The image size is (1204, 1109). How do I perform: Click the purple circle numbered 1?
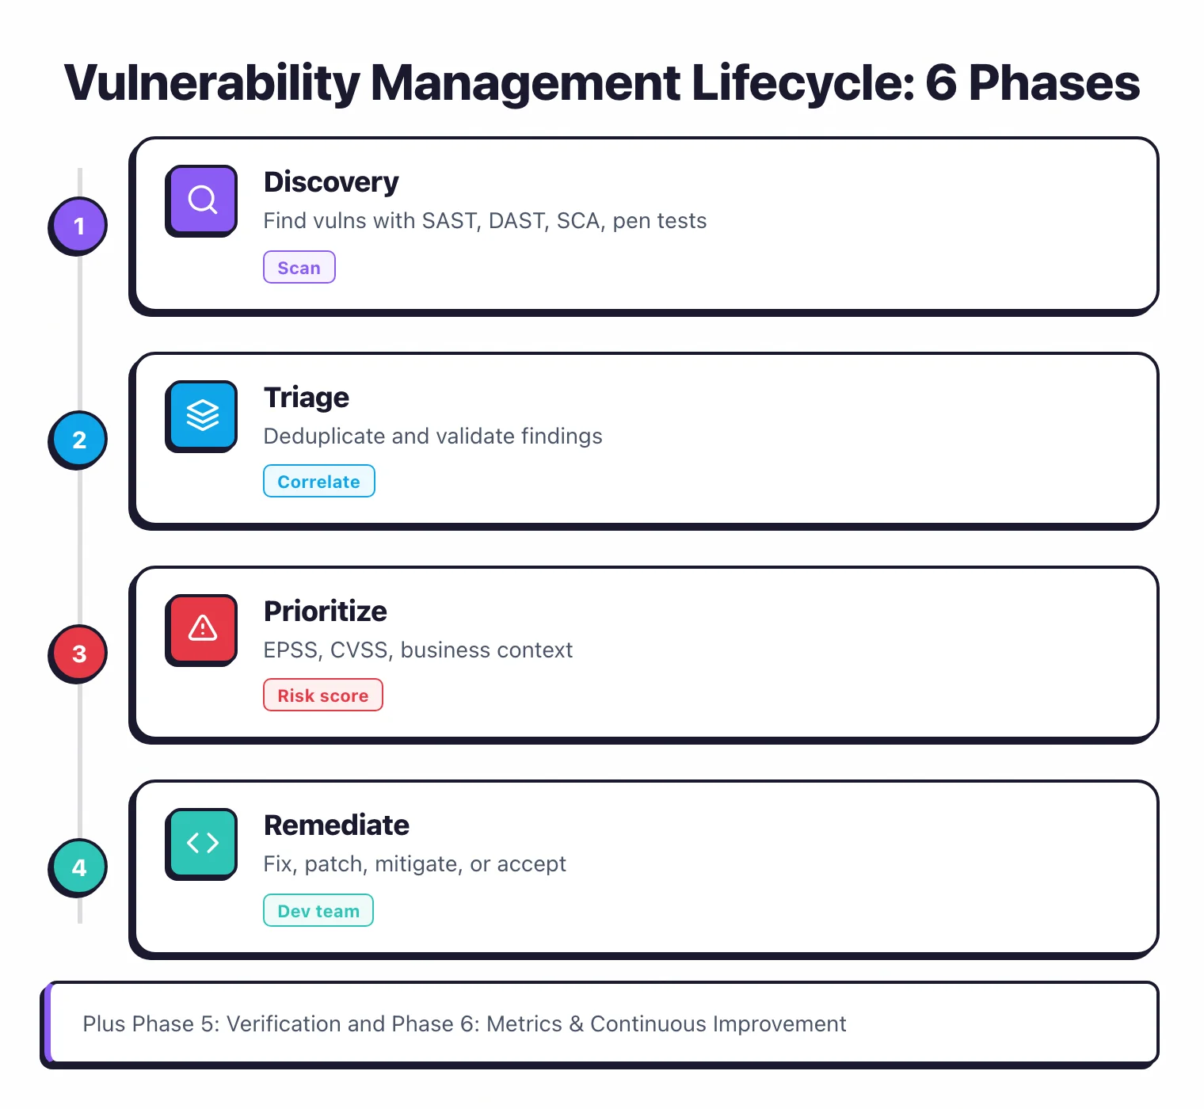pos(78,226)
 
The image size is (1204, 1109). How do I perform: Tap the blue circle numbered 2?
pos(78,440)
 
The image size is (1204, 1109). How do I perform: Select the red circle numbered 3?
pos(78,654)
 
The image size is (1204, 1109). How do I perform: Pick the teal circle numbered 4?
pos(78,867)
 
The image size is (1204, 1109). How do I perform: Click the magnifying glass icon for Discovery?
pos(202,200)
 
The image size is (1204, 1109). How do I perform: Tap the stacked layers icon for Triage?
pos(202,415)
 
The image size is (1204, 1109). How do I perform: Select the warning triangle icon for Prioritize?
pos(202,629)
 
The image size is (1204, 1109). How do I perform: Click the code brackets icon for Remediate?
pos(202,843)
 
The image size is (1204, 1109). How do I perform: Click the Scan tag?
pos(299,268)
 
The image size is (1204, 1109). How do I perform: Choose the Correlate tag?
pos(318,482)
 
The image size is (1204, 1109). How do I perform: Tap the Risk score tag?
pos(322,696)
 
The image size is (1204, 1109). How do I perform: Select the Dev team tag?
pos(318,911)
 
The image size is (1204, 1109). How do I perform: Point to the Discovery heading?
pos(331,182)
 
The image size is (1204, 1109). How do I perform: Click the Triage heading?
pos(307,398)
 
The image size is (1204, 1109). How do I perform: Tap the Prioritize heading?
pos(326,612)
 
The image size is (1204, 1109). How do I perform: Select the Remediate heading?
pos(337,825)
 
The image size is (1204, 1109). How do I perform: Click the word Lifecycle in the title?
pos(802,83)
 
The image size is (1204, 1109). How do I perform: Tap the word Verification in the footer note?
pos(284,1024)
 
